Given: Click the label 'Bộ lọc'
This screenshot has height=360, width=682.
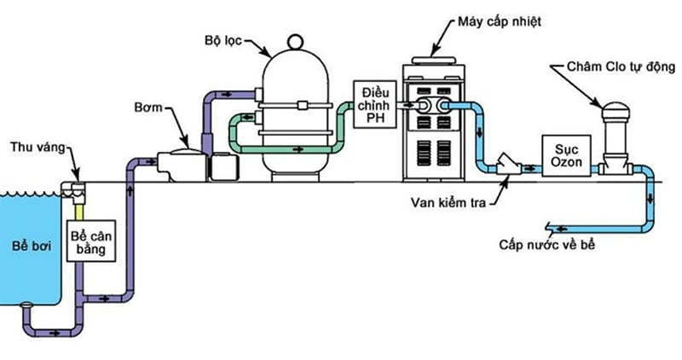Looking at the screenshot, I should tap(224, 40).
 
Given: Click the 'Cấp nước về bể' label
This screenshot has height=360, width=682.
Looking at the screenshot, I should tap(545, 245).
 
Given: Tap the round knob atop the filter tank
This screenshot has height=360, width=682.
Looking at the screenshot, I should tap(294, 41).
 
